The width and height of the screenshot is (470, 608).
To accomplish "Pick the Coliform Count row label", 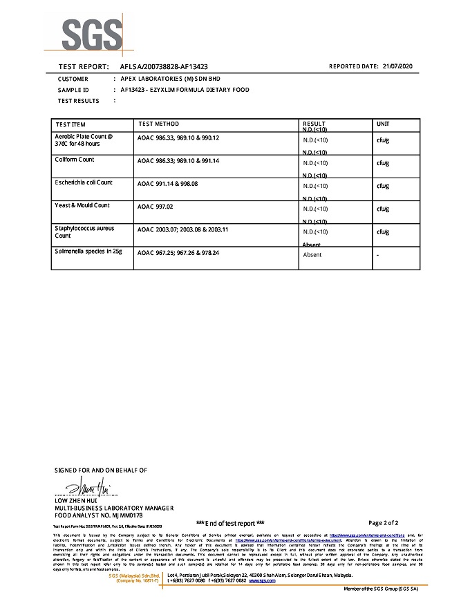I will (74, 160).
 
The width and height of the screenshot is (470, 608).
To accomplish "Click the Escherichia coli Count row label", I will (83, 182).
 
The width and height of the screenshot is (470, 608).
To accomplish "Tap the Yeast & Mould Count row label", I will (82, 205).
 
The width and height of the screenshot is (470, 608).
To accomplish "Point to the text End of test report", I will (231, 523).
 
